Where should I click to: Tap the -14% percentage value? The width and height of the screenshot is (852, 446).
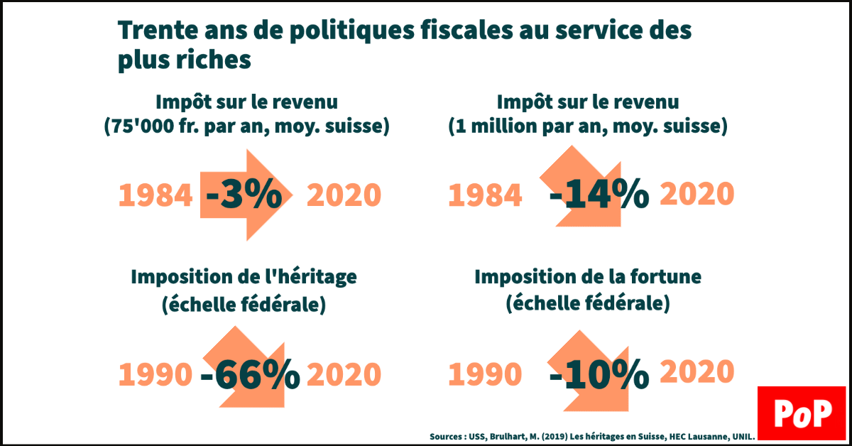[599, 195]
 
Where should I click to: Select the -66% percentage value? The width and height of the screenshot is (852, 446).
[250, 375]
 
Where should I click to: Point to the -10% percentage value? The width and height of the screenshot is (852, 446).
[599, 374]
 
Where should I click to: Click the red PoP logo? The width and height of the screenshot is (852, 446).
[802, 415]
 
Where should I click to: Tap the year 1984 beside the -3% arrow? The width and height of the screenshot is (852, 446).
[155, 195]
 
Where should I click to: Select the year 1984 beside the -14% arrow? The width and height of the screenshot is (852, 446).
[485, 195]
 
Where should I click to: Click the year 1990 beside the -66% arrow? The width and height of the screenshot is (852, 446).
[155, 375]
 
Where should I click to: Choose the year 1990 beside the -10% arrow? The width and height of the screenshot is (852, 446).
[485, 375]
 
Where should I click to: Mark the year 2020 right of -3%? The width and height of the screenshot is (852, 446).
[344, 195]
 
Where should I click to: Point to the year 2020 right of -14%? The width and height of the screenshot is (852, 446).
[697, 193]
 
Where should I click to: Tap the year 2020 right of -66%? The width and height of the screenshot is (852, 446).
[344, 375]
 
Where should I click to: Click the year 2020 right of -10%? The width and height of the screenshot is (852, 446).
[697, 372]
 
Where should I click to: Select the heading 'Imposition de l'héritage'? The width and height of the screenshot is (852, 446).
[244, 277]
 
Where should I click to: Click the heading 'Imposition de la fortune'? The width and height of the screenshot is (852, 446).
[587, 277]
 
